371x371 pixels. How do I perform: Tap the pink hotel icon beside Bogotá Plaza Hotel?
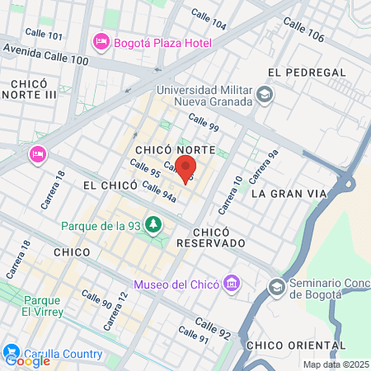click(101, 40)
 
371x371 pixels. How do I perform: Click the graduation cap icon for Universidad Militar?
click(265, 95)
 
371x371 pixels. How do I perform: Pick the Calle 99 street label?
click(203, 121)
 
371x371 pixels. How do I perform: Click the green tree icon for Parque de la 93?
click(153, 224)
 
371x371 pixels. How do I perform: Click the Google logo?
click(26, 360)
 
